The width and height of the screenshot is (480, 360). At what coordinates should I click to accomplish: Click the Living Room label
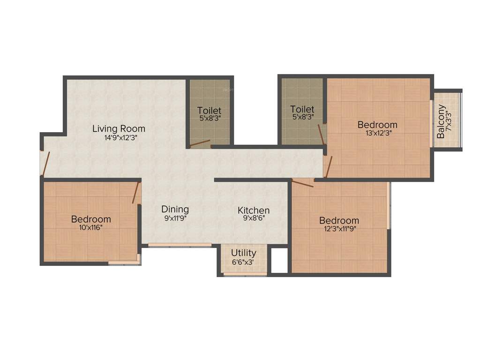coord(119,128)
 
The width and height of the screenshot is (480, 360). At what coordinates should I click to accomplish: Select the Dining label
coord(175,209)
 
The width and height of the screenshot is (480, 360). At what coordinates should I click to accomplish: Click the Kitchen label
coord(254,210)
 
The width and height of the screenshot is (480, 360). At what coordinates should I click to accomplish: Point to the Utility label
coord(243,253)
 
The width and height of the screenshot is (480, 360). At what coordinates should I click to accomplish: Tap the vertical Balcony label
coord(441,121)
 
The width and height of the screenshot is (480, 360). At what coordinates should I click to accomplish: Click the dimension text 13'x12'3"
coord(377,133)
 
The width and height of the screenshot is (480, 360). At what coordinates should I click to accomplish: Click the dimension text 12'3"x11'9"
coord(339,229)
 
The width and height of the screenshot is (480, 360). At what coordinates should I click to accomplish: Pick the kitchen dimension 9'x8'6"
coord(254,218)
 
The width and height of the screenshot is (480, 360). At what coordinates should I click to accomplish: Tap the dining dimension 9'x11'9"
coord(175,217)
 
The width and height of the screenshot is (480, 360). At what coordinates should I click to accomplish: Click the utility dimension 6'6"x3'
coord(243,262)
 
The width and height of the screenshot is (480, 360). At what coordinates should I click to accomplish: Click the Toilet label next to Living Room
coord(209,111)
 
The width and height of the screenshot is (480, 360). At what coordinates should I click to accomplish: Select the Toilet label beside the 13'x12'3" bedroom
coord(302,109)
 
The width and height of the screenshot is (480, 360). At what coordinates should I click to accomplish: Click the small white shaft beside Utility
coord(279,260)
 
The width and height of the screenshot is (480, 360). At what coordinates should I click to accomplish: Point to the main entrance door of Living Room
coord(45,163)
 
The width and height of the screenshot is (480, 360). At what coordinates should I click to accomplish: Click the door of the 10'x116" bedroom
coord(136,193)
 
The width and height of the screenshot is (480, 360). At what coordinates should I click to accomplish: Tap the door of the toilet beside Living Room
coord(200,143)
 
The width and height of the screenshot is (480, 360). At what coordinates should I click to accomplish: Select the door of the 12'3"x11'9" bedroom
coord(302,183)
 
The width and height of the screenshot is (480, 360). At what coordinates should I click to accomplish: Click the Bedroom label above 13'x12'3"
coord(377,125)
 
